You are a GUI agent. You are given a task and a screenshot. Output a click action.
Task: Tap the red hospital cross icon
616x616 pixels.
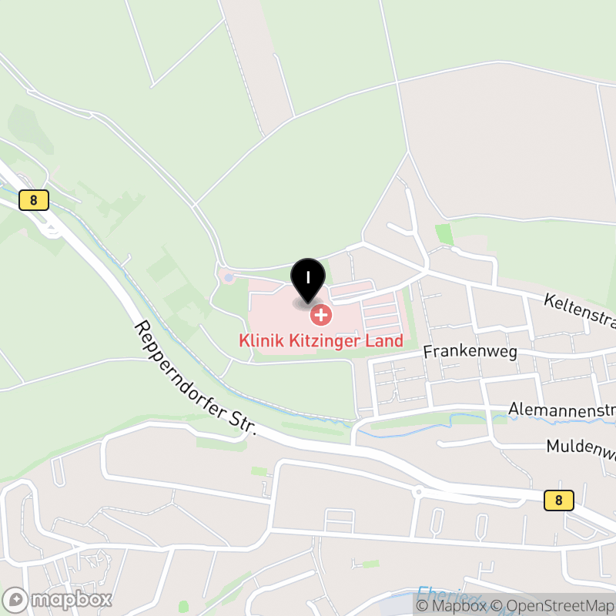click(x=320, y=315)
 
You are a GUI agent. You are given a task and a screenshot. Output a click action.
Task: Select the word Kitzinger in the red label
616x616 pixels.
click(x=326, y=340)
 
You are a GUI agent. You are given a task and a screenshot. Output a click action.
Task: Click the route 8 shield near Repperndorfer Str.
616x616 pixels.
click(x=34, y=200)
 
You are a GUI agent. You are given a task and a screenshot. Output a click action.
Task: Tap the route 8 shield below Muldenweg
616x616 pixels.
click(x=558, y=500)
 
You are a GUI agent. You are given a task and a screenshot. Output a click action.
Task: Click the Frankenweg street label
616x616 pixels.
click(x=470, y=352)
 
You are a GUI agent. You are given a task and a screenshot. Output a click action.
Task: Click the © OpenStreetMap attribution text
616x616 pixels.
click(x=553, y=606)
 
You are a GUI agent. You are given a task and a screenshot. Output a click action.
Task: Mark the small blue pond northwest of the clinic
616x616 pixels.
click(x=227, y=276)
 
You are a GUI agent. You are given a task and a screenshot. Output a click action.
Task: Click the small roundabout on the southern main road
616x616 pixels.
click(x=419, y=490)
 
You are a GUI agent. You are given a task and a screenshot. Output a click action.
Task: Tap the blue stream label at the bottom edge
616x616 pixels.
click(x=439, y=594)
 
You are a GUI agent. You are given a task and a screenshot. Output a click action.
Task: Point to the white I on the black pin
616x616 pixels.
click(x=308, y=276)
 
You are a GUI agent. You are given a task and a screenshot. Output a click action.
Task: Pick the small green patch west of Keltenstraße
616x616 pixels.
click(x=444, y=233)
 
